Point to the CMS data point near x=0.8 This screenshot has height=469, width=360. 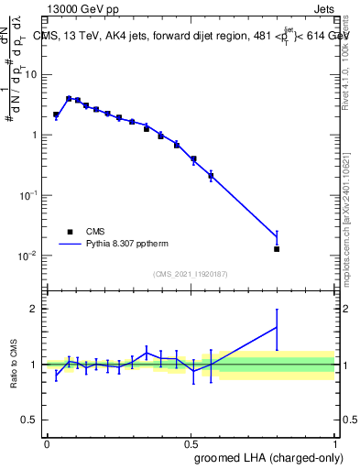(277, 248)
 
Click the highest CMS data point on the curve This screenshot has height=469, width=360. (69, 98)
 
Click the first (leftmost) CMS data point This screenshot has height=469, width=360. (56, 115)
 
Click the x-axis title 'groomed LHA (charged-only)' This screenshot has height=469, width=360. (267, 457)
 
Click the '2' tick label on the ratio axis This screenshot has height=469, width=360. (36, 309)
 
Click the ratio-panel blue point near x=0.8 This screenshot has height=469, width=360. (277, 327)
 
